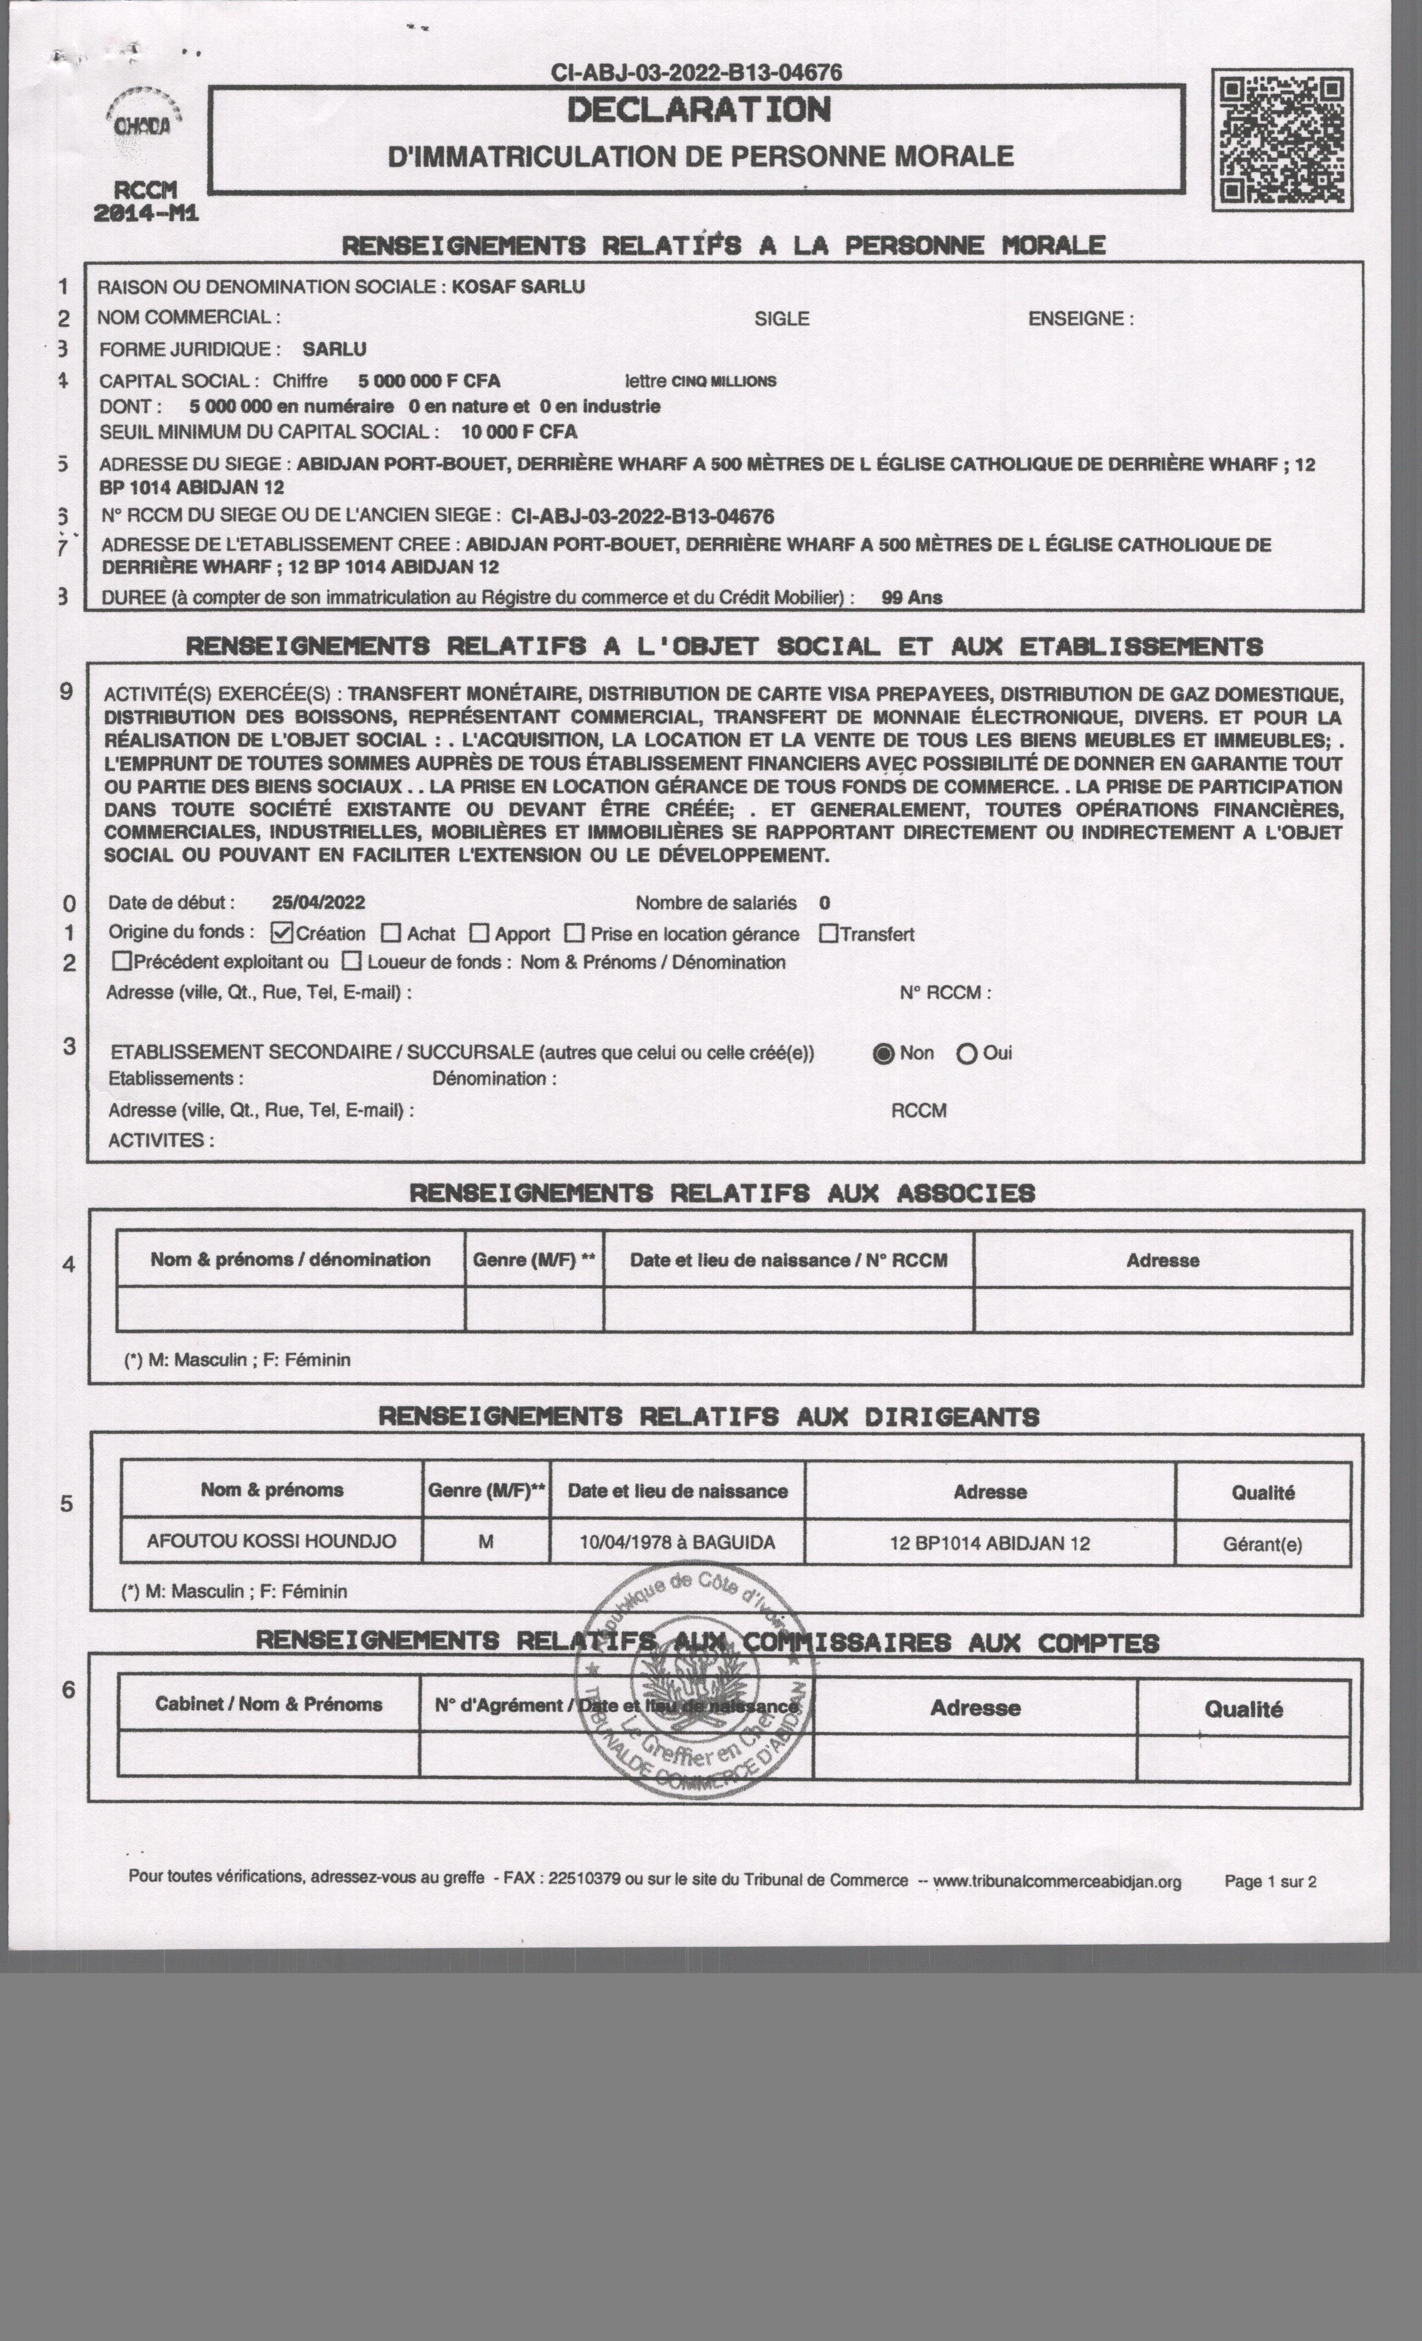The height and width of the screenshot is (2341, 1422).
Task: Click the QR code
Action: point(1281,140)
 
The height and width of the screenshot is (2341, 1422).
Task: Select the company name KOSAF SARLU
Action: point(518,286)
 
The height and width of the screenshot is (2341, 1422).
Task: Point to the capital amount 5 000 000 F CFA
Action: point(429,381)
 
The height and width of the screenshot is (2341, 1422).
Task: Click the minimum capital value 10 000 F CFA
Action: point(519,431)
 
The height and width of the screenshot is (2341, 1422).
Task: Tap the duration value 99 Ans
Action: point(912,598)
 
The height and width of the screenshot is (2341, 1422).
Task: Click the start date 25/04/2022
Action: point(317,902)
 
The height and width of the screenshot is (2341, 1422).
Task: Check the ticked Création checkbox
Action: point(282,933)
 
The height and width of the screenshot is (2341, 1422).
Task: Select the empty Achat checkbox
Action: point(391,933)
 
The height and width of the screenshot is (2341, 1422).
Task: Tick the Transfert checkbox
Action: point(828,933)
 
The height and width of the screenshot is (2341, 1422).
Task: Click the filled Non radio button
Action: point(883,1053)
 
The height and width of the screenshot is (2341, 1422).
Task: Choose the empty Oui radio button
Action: point(967,1053)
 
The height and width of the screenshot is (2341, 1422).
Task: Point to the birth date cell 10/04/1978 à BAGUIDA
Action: point(677,1542)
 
